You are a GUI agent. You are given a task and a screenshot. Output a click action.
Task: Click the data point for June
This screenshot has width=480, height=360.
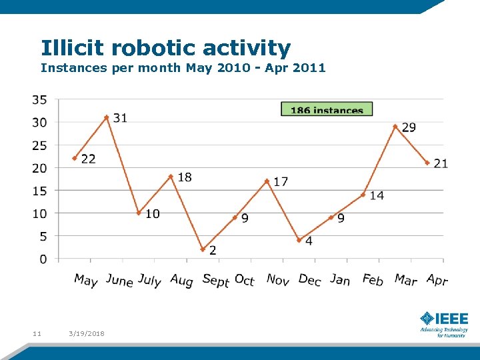(107, 117)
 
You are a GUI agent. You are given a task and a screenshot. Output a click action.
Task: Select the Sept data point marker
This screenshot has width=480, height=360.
(203, 249)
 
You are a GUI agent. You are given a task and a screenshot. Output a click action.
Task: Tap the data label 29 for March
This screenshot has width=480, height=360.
(409, 127)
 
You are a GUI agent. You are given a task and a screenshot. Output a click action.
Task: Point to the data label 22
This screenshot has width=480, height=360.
(88, 159)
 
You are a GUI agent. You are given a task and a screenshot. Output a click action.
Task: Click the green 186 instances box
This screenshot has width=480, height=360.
(327, 109)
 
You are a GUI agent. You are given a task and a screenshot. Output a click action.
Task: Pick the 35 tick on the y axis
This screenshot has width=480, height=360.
(39, 100)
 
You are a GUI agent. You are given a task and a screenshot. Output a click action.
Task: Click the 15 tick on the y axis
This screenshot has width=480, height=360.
(39, 191)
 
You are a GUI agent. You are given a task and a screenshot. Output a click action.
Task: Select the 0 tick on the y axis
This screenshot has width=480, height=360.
(43, 259)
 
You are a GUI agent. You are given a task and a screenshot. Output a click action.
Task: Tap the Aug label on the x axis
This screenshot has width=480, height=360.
(181, 281)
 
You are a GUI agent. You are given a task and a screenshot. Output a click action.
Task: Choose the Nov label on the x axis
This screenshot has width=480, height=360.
(277, 280)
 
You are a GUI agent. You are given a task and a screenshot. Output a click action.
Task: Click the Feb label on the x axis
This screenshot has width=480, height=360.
(373, 280)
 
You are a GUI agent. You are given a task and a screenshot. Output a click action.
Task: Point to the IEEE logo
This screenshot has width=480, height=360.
(444, 323)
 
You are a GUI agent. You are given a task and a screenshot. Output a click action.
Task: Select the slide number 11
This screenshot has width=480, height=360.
(37, 333)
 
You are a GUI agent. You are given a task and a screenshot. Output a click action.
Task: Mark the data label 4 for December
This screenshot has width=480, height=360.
(309, 241)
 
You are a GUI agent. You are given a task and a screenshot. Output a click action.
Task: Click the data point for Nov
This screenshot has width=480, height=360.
(267, 181)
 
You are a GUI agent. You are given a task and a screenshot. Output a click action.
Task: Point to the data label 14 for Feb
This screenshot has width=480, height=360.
(377, 195)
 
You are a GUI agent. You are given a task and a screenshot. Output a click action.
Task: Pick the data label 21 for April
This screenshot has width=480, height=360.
(441, 163)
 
